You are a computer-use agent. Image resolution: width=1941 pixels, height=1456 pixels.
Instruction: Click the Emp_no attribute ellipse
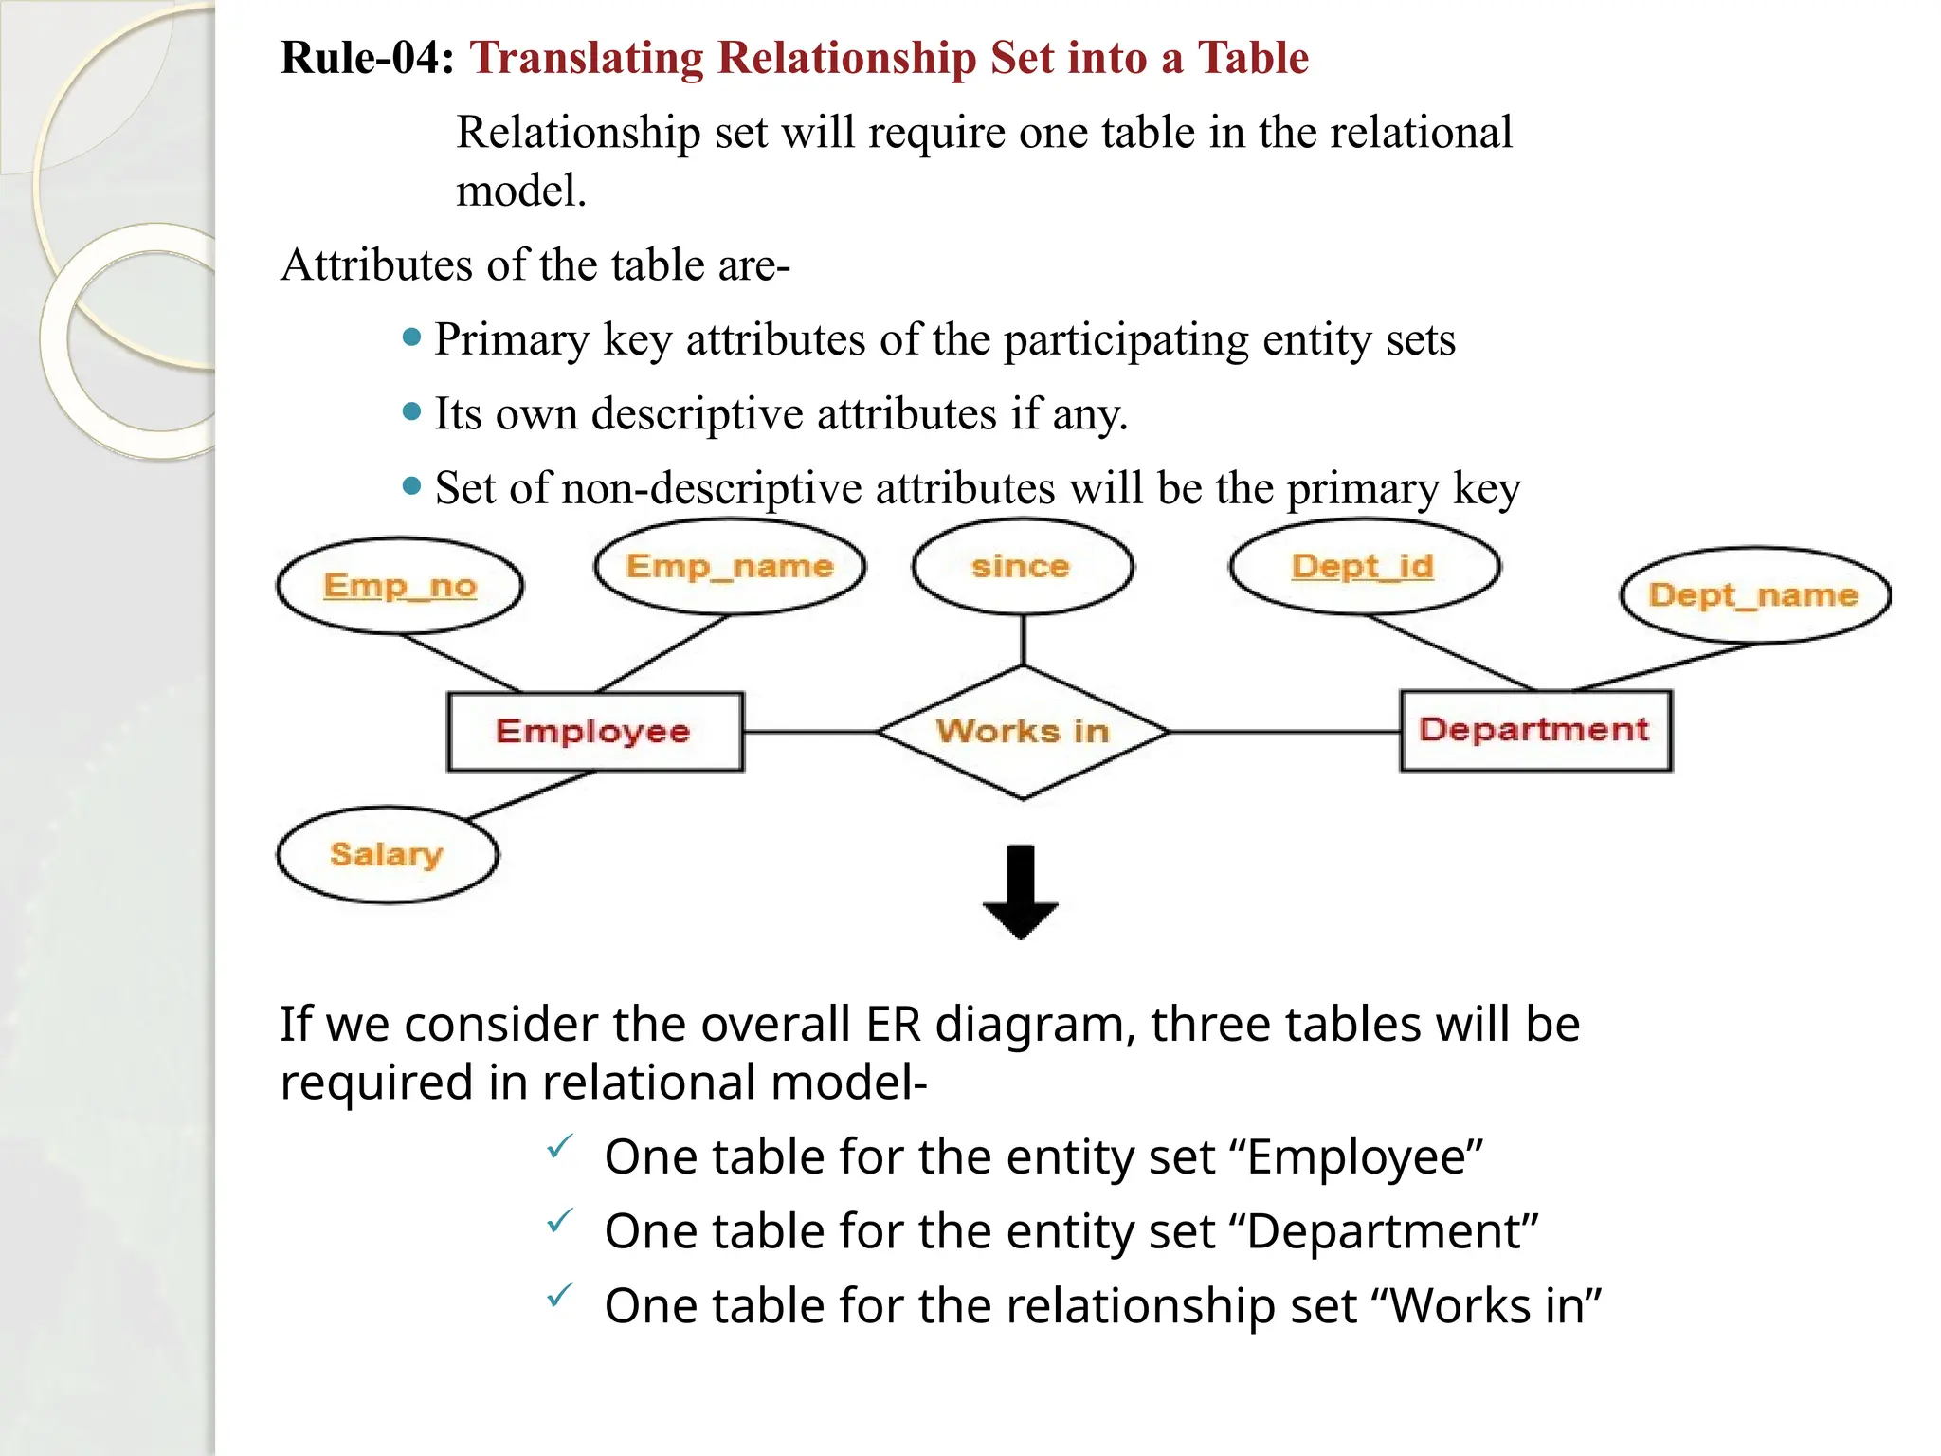[x=400, y=586]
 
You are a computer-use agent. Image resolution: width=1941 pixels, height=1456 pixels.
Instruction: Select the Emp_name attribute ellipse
[x=730, y=567]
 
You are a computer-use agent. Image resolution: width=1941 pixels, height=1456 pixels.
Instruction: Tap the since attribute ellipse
[x=1022, y=567]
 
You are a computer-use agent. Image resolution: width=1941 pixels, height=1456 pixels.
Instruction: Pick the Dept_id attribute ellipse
[x=1363, y=567]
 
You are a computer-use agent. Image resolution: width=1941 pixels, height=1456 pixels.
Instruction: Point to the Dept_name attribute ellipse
[x=1754, y=595]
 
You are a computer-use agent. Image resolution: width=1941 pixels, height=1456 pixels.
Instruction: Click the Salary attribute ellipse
[x=387, y=854]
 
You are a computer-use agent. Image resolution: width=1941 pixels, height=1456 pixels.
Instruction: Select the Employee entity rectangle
[x=594, y=732]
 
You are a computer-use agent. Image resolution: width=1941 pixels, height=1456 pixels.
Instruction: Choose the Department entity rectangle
[x=1535, y=730]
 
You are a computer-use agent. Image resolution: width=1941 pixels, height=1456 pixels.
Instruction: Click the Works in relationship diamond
[x=1022, y=732]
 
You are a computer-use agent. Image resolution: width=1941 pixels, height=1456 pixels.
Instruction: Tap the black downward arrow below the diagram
[x=1021, y=892]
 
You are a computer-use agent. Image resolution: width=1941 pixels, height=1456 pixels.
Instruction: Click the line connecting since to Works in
[x=1023, y=640]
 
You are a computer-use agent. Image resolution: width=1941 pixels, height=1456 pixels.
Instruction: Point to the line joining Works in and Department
[x=1284, y=732]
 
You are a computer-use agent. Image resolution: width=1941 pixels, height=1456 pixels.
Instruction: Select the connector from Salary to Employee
[x=531, y=794]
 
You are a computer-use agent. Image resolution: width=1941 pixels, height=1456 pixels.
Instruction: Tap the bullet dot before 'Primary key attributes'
[x=411, y=337]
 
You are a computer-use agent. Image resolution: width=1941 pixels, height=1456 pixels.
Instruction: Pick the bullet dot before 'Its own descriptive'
[x=411, y=411]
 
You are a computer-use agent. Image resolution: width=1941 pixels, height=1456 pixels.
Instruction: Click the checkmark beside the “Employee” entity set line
[x=560, y=1147]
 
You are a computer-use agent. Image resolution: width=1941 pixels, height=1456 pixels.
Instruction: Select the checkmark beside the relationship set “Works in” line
[x=560, y=1295]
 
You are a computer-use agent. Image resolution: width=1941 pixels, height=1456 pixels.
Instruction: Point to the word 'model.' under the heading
[x=521, y=191]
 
